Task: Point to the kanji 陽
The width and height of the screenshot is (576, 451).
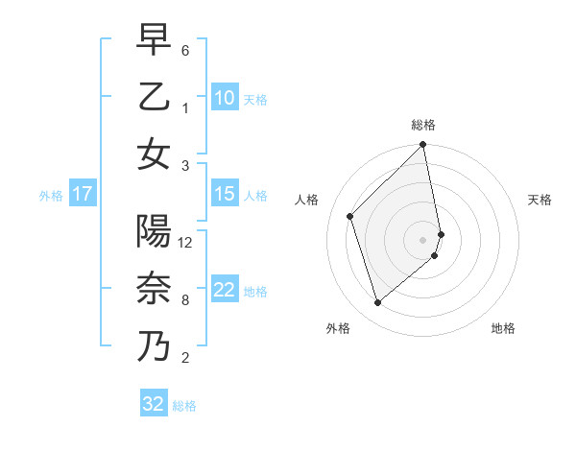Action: (154, 231)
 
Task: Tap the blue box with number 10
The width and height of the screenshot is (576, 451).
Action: (225, 97)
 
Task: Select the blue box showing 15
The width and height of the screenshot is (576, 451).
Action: (225, 194)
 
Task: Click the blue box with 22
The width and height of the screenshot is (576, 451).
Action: (225, 290)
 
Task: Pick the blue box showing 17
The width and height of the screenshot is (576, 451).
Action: (82, 194)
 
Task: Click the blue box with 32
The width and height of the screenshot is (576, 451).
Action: (154, 404)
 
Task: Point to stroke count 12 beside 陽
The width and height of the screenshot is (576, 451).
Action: (186, 243)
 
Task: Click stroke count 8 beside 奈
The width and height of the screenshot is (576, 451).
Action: (185, 300)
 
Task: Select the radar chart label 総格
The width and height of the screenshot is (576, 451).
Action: (423, 125)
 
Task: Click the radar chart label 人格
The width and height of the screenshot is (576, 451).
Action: (307, 200)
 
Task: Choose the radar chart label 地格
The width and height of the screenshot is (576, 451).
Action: (503, 328)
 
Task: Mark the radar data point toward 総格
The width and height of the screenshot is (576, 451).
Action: (423, 146)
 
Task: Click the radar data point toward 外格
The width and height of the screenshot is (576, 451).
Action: (378, 303)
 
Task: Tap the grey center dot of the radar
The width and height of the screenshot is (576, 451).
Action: (423, 239)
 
